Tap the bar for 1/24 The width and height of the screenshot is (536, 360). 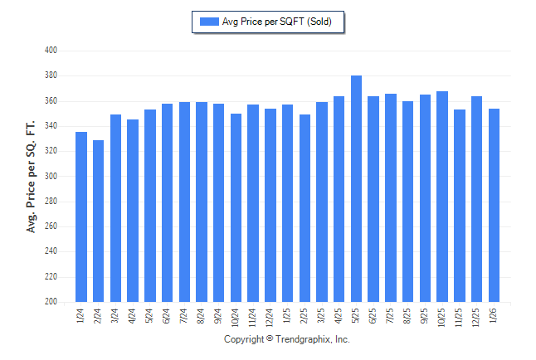[x=81, y=216]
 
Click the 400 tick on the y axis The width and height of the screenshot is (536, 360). [x=50, y=51]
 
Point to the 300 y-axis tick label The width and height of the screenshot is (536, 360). [x=50, y=177]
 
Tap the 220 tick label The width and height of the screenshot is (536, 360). [x=50, y=277]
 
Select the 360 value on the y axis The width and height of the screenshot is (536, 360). [x=50, y=101]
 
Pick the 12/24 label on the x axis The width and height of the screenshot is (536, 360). [x=270, y=318]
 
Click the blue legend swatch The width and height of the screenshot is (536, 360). [x=209, y=22]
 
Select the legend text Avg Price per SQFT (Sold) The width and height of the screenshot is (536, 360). [x=277, y=22]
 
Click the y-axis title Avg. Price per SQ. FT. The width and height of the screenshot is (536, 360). [x=32, y=177]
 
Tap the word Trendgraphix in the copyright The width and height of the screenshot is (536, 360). [x=303, y=340]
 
